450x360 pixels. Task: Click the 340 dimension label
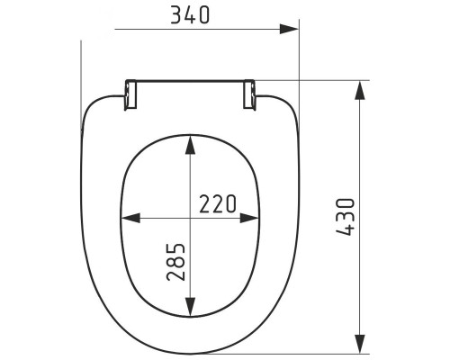coord(190,15)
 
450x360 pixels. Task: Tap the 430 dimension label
coord(346,217)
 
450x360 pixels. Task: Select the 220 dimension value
coord(218,204)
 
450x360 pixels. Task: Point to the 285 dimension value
coord(175,262)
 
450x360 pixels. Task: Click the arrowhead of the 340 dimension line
coord(289,29)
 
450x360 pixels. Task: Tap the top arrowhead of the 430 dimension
coord(360,90)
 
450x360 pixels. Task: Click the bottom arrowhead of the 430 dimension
coord(360,345)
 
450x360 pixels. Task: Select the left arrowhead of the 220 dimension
coord(130,218)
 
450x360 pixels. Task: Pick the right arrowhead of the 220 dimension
coord(249,218)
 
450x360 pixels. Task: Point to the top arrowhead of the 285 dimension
coord(190,145)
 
